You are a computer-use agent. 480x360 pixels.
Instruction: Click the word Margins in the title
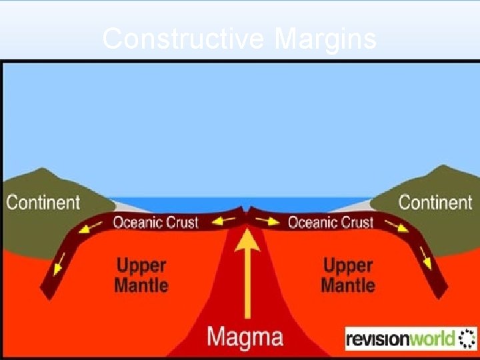coord(325,39)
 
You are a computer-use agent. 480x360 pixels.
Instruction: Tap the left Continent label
coord(43,202)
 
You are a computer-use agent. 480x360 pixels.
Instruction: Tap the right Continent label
coord(435,202)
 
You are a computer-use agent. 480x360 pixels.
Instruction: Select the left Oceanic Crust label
coord(155,222)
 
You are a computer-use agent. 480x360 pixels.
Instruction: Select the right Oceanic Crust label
coord(330,222)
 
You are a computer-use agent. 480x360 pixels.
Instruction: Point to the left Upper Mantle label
coord(141,276)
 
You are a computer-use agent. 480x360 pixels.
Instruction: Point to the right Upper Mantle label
coord(347,276)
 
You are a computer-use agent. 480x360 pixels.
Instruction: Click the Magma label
coord(245,337)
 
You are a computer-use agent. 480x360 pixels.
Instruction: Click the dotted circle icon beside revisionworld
coord(467,338)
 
